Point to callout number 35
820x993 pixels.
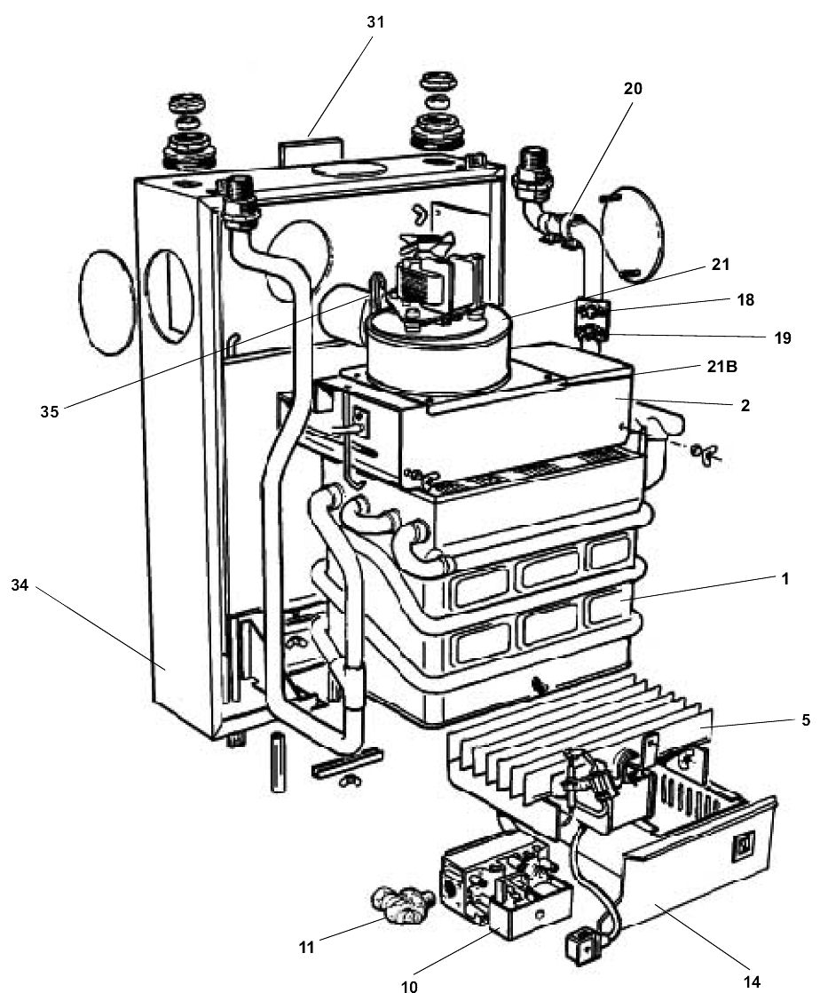pos(50,411)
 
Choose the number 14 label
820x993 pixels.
pos(750,981)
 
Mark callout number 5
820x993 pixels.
pos(805,721)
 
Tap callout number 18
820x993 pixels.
pos(745,300)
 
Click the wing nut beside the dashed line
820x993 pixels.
pos(707,454)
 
